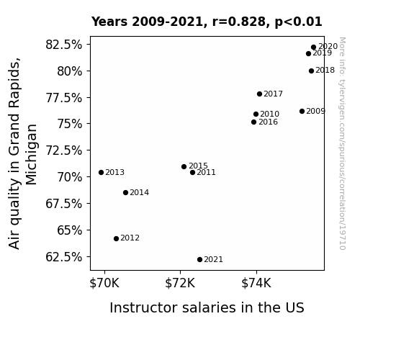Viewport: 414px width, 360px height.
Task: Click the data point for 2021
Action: click(199, 260)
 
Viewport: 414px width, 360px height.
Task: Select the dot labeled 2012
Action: click(116, 238)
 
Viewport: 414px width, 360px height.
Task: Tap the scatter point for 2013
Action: click(101, 173)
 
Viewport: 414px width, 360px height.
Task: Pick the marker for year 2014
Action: click(126, 192)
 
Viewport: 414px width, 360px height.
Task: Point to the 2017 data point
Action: click(259, 94)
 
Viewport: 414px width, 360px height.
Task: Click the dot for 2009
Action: click(302, 111)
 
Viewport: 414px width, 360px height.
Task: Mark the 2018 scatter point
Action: click(311, 71)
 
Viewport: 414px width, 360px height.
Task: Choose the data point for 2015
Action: click(184, 166)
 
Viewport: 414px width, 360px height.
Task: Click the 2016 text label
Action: click(268, 122)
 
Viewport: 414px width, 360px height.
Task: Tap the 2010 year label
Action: click(269, 114)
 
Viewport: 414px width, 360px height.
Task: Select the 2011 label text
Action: click(206, 173)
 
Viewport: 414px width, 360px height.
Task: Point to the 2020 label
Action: click(328, 47)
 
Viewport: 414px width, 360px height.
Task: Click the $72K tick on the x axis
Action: click(180, 283)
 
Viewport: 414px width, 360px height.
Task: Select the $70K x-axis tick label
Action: click(104, 283)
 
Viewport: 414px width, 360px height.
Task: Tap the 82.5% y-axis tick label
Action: click(64, 45)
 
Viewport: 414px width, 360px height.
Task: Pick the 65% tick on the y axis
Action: click(70, 230)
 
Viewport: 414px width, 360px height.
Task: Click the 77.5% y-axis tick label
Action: click(64, 98)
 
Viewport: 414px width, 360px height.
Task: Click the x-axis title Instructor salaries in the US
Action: click(207, 307)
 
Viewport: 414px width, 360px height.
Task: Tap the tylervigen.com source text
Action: click(342, 143)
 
